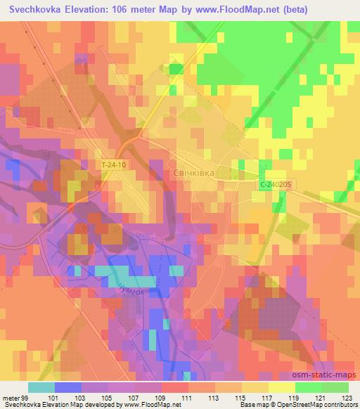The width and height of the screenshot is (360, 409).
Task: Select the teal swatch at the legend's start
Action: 41,387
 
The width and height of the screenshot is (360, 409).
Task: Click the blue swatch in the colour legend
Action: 68,387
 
